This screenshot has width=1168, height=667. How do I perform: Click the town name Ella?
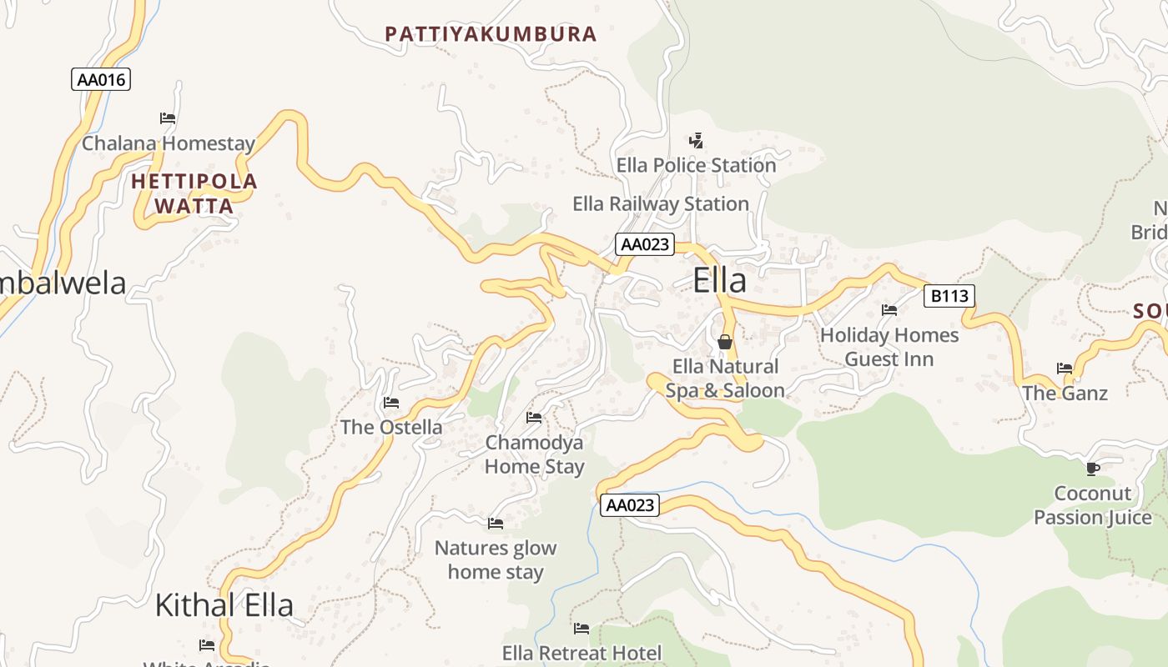click(719, 281)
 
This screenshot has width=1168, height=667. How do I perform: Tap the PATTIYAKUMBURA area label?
click(491, 34)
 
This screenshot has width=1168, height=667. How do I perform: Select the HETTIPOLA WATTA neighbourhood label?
click(194, 193)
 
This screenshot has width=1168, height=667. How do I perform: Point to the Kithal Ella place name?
click(224, 605)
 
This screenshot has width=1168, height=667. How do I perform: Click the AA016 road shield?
click(101, 79)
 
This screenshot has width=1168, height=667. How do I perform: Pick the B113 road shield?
click(949, 295)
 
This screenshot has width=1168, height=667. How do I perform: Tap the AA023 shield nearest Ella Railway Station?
click(645, 244)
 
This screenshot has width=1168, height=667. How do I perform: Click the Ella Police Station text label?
click(696, 165)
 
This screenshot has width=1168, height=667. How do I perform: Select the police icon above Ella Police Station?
click(696, 141)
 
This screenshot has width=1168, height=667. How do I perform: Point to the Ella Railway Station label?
click(660, 203)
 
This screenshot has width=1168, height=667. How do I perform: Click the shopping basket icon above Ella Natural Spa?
click(724, 342)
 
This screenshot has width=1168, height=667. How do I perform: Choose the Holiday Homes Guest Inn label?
click(889, 347)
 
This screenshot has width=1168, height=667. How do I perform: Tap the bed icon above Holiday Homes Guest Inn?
click(889, 310)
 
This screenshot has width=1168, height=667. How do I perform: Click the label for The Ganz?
click(1065, 393)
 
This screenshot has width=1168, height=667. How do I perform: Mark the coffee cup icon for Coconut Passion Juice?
click(1093, 469)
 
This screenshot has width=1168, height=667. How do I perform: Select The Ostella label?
click(391, 427)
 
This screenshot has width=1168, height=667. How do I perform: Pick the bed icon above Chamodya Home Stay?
click(534, 417)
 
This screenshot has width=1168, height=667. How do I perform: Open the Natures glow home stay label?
click(496, 559)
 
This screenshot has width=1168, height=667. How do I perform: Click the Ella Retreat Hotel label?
click(581, 653)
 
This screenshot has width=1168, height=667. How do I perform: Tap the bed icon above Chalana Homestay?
click(168, 118)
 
